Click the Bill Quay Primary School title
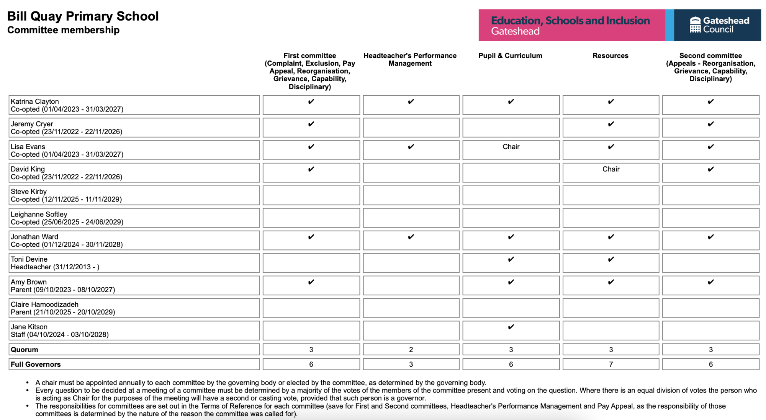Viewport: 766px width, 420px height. pos(83,16)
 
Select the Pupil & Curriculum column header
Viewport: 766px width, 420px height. pos(510,56)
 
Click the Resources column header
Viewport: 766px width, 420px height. pos(610,56)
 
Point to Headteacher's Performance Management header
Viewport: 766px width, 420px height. pos(410,60)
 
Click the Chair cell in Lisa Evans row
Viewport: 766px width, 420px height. pos(511,147)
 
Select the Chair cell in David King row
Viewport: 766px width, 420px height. pos(611,169)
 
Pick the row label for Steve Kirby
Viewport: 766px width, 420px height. pos(66,195)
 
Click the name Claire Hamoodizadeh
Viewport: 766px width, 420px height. pos(44,304)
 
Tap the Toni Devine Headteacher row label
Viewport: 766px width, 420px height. pos(55,263)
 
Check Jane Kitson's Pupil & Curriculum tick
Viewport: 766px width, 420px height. pos(511,327)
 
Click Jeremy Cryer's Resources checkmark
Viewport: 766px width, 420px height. pos(611,124)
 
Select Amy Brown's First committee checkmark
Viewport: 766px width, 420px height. pos(311,282)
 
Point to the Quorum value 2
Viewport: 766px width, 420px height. pos(411,350)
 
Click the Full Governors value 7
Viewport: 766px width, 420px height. pos(611,365)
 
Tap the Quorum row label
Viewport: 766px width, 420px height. pos(25,350)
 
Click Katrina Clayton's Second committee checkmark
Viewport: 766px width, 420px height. pos(711,101)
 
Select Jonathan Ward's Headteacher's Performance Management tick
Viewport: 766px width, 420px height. pos(411,237)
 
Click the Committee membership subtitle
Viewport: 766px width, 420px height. pos(63,30)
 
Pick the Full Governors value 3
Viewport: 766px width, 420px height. pos(411,365)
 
